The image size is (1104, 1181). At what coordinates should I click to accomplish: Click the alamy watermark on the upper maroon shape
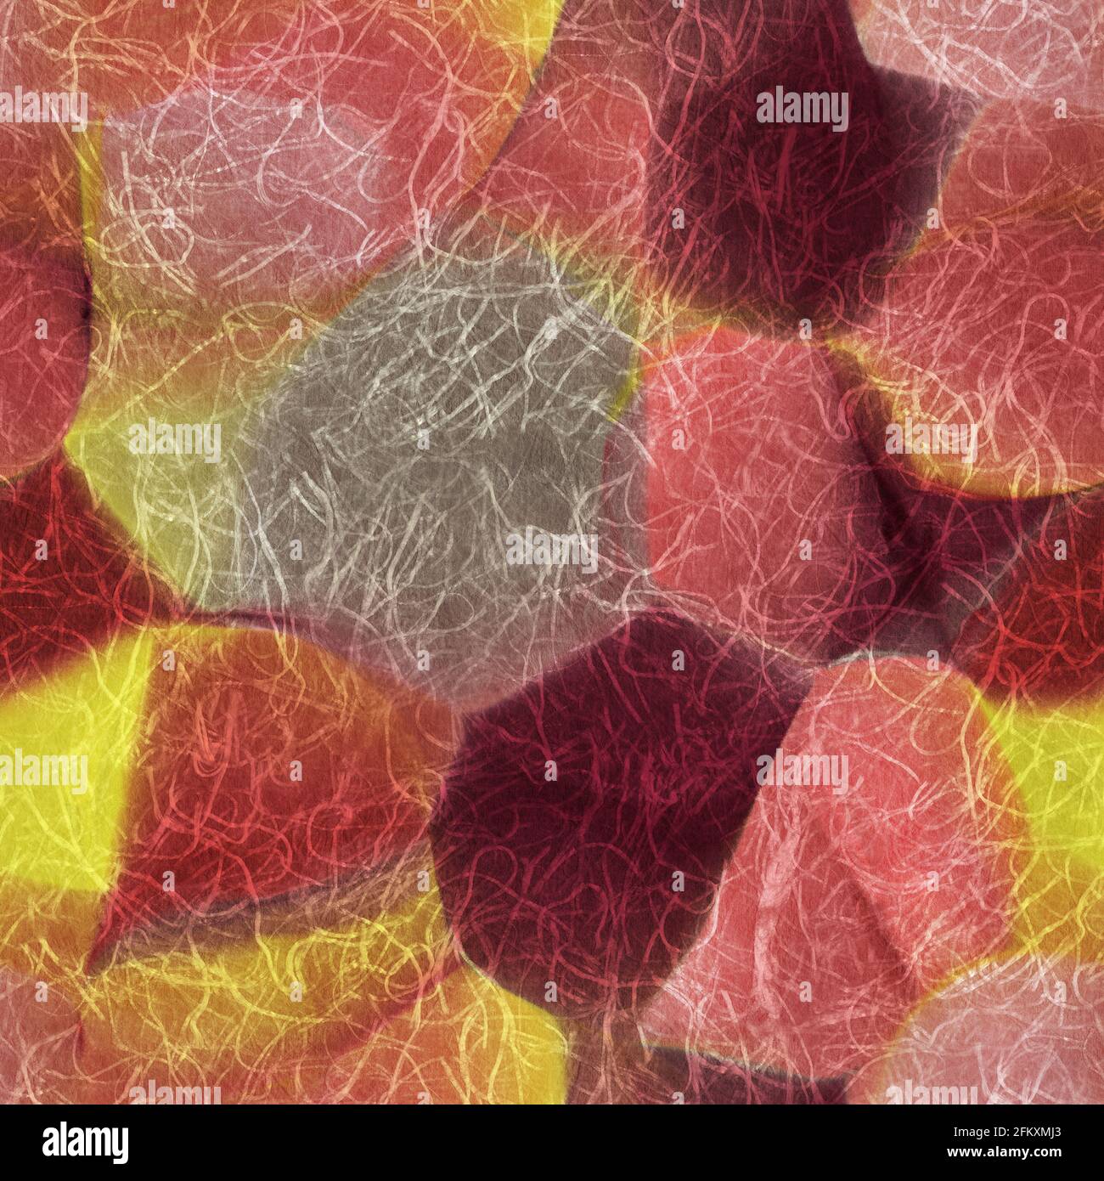click(x=802, y=109)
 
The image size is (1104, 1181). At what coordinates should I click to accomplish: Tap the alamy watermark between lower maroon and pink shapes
click(x=802, y=772)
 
